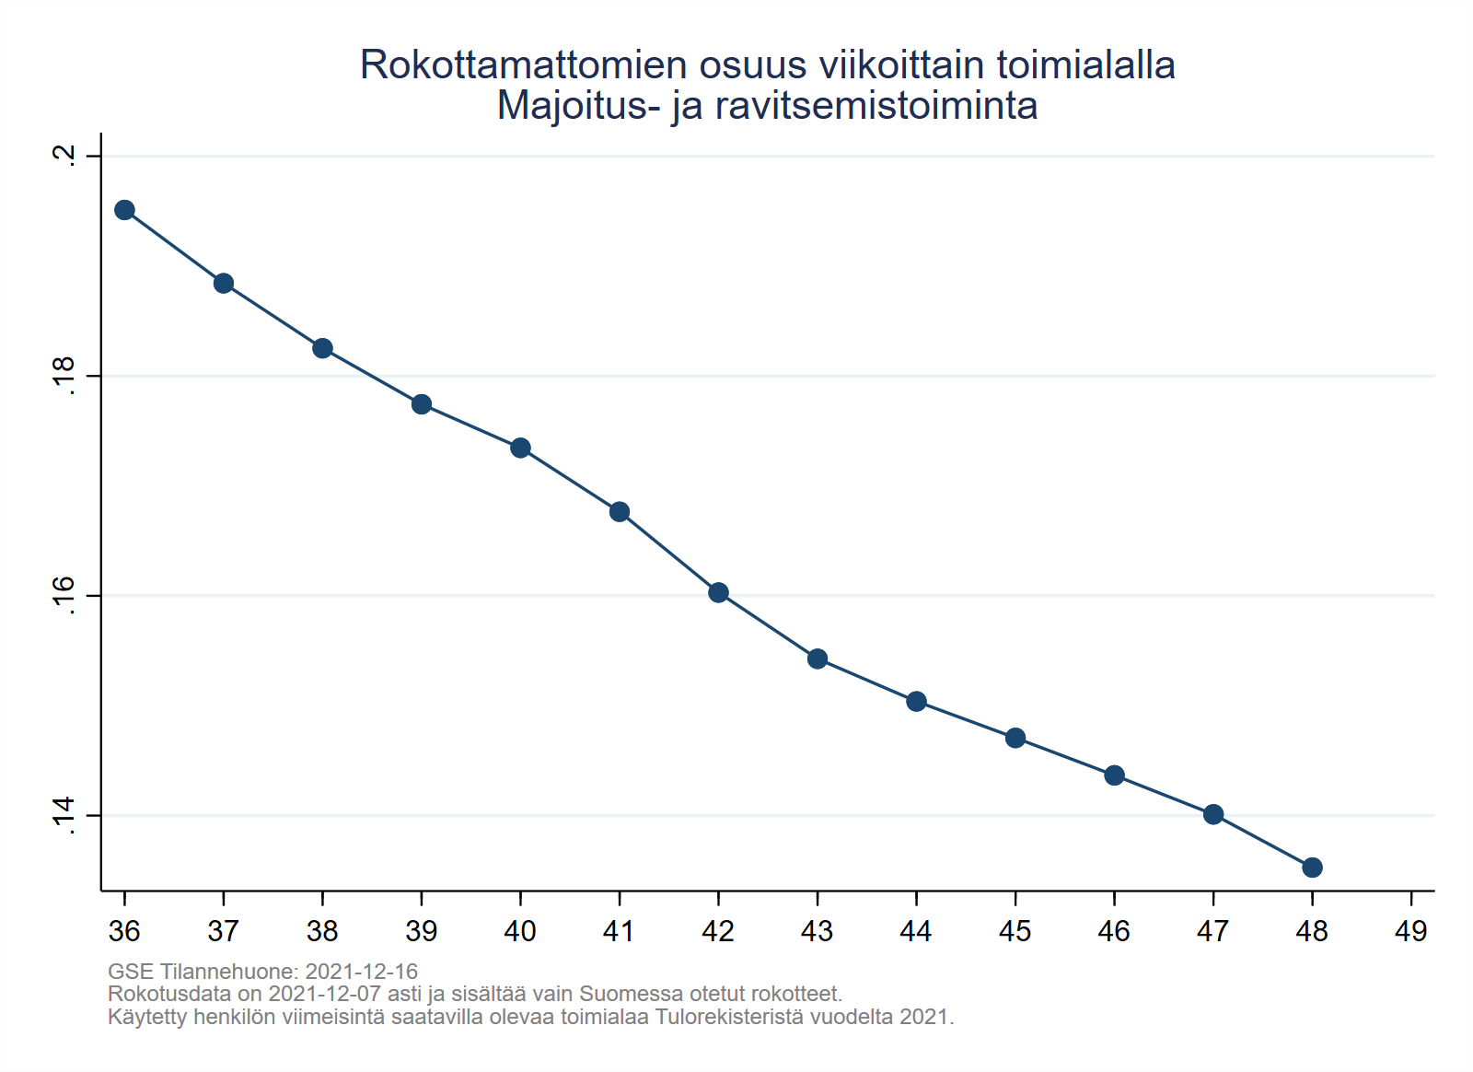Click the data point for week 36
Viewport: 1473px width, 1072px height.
pos(124,210)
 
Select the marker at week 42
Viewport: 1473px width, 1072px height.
pos(718,592)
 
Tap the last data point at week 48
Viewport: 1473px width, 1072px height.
pos(1312,868)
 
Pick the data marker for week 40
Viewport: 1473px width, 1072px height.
pos(520,448)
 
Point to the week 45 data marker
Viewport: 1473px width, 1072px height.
pos(1015,738)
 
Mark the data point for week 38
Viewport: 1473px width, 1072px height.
pos(322,348)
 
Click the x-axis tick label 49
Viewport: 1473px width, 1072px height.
pos(1410,931)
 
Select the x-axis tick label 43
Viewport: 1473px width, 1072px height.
pos(817,931)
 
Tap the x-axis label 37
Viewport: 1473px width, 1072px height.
pos(223,931)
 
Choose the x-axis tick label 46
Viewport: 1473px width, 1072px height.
pos(1114,931)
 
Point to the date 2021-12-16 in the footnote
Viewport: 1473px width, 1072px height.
pos(361,972)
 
